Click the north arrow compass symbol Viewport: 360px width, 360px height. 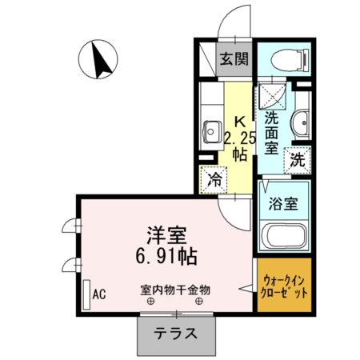tap(98, 59)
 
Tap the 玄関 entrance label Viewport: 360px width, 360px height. tap(234, 59)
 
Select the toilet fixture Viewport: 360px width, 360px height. tap(290, 60)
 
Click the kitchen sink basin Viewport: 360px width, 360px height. tap(212, 132)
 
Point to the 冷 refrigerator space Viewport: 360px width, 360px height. tap(214, 180)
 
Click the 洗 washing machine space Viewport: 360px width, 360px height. tap(298, 160)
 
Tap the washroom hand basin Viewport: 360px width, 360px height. tap(301, 123)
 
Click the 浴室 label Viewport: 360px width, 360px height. tap(283, 204)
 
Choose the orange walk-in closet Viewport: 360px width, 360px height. tap(284, 285)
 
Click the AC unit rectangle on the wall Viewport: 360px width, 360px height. tap(86, 294)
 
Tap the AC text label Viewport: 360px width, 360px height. tap(99, 294)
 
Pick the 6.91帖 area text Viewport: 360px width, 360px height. tap(166, 256)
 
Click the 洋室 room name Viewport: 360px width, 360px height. tap(166, 235)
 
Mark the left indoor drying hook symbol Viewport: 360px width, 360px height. tap(150, 302)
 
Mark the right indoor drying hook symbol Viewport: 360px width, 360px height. tap(199, 302)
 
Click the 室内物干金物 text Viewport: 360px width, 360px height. tap(175, 290)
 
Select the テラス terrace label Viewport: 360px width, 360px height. tap(176, 334)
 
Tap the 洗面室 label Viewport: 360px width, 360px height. tap(271, 133)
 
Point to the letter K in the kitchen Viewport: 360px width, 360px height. tap(240, 122)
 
